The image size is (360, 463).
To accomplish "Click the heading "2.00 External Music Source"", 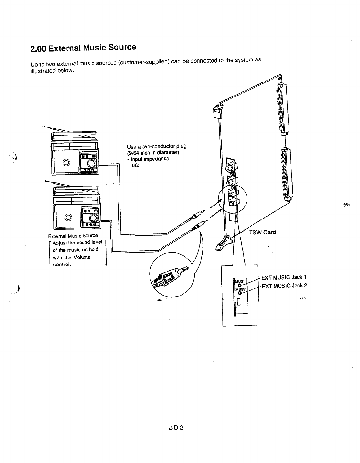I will [x=83, y=48].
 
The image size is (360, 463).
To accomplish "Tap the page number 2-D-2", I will [x=176, y=427].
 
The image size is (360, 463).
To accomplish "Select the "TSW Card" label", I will [x=262, y=232].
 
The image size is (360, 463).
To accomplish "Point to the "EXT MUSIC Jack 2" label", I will [x=284, y=286].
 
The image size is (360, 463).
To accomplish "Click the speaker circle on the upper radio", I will [x=66, y=163].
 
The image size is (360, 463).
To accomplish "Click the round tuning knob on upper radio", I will [x=92, y=163].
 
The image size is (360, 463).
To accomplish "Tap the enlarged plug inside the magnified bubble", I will [x=170, y=275].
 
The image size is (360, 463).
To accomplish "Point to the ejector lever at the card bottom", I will [x=223, y=242].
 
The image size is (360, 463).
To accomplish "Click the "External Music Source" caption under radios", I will [x=73, y=236].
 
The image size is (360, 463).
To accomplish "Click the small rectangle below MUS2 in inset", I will [x=239, y=302].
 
